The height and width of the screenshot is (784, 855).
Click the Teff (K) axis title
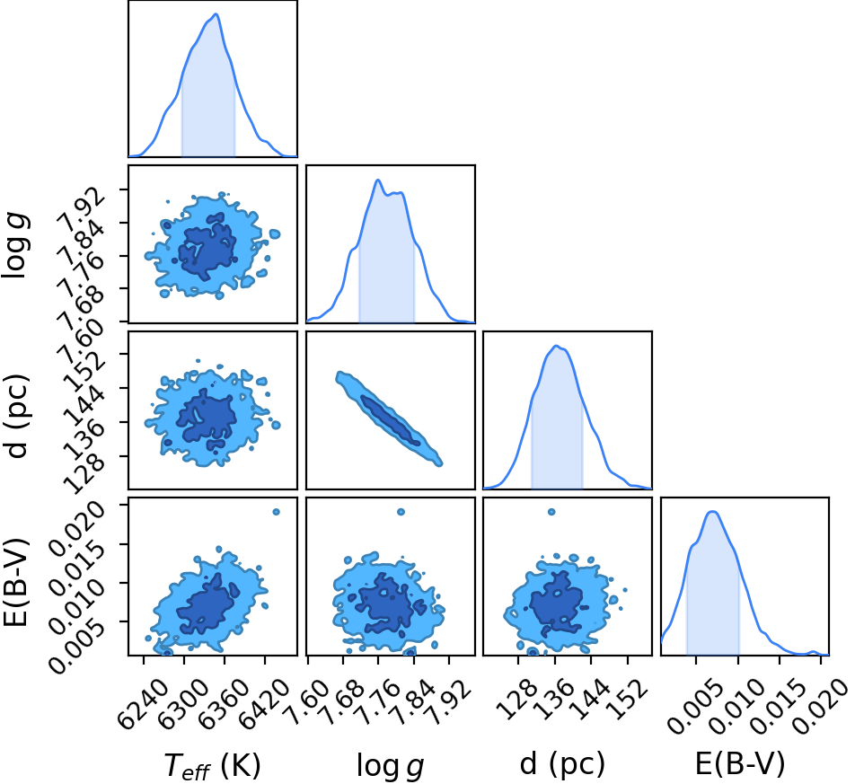coord(212,765)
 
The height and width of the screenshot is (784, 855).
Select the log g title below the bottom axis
coord(391,765)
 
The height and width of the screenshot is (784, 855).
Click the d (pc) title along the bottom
coord(563,763)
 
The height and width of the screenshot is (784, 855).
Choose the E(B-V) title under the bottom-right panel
coord(740,763)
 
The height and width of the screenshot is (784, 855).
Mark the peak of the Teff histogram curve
coord(216,13)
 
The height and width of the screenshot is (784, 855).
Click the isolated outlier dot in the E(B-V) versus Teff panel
coord(276,512)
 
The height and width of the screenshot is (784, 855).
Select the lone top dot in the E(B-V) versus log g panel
coord(401,512)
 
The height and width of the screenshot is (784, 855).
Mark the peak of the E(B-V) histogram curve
coord(713,511)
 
